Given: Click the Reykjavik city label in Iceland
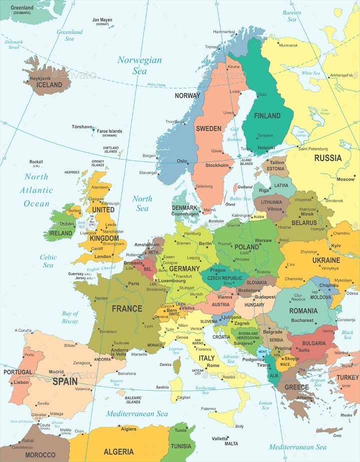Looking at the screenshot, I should pyautogui.click(x=41, y=78).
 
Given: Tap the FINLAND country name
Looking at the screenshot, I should pyautogui.click(x=267, y=115).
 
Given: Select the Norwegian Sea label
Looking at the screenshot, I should pyautogui.click(x=139, y=65).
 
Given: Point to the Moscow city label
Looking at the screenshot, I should pyautogui.click(x=345, y=179).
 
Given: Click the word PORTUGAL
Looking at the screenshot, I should pyautogui.click(x=18, y=372).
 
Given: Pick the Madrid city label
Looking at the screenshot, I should pyautogui.click(x=56, y=372).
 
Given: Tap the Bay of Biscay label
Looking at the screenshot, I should pyautogui.click(x=70, y=317).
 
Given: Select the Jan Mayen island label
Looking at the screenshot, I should pyautogui.click(x=102, y=20).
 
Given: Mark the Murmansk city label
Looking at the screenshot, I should pyautogui.click(x=288, y=45).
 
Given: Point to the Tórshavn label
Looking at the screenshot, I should pyautogui.click(x=82, y=127).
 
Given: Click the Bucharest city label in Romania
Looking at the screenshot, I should pyautogui.click(x=302, y=320).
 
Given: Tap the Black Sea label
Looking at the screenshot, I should pyautogui.click(x=347, y=335).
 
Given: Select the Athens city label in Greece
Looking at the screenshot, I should pyautogui.click(x=304, y=398).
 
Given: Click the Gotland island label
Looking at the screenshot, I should pyautogui.click(x=244, y=187).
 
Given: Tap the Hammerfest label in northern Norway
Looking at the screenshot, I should pyautogui.click(x=223, y=32).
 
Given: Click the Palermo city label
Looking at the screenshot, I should pyautogui.click(x=208, y=409).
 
